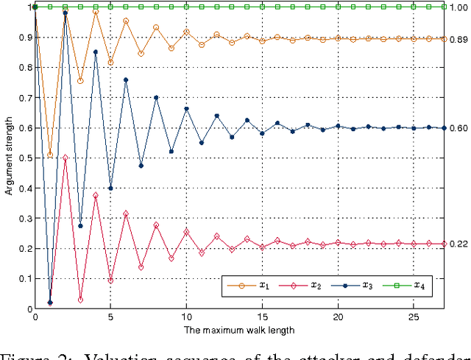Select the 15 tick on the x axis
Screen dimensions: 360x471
tap(262, 317)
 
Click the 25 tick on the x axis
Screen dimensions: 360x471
tap(414, 317)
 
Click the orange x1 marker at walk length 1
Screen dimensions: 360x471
tap(50, 155)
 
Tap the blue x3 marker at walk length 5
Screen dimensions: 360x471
tap(110, 188)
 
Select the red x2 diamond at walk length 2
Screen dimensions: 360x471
tap(65, 158)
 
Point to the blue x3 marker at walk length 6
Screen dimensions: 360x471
tap(126, 80)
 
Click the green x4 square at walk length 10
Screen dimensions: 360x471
tap(186, 7)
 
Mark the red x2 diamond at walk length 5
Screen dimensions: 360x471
tap(110, 280)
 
